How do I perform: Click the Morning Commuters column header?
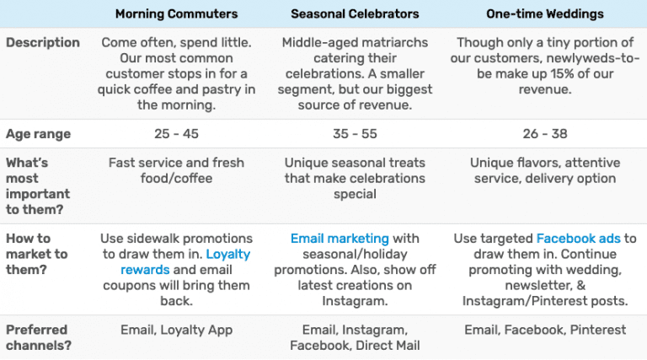(x=176, y=14)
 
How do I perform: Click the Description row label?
(x=43, y=42)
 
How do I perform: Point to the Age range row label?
(x=39, y=134)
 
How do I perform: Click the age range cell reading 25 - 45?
(x=176, y=134)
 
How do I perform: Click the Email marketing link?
(x=340, y=239)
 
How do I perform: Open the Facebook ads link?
(x=578, y=239)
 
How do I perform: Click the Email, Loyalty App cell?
(x=176, y=330)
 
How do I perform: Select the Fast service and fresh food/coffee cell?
(x=176, y=169)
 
